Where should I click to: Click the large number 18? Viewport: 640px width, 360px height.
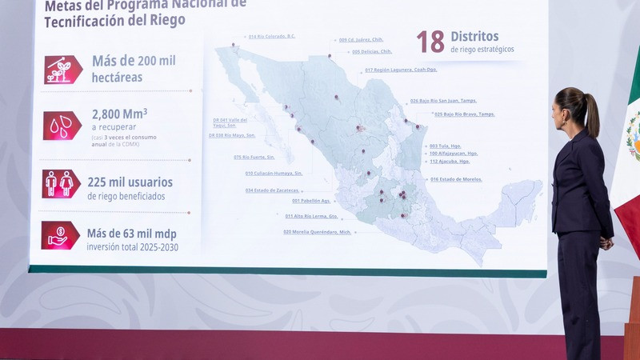click(x=430, y=42)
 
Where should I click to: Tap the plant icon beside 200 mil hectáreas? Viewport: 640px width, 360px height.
click(x=62, y=70)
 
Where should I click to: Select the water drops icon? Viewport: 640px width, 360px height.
click(x=62, y=126)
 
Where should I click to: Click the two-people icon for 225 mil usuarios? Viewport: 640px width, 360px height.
click(x=61, y=184)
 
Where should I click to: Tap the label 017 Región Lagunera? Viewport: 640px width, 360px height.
click(x=400, y=70)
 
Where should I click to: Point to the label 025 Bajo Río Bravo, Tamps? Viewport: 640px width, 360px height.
click(x=464, y=114)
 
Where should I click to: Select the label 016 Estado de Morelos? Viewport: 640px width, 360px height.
click(x=456, y=179)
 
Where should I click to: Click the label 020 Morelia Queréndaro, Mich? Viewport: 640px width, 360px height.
click(x=318, y=232)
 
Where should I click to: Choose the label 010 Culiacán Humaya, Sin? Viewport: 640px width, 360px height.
click(x=274, y=173)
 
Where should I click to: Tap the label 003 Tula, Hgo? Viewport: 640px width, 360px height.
click(x=445, y=146)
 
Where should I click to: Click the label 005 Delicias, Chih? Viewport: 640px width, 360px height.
click(x=371, y=51)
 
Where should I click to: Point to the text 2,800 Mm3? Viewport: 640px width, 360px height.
click(x=119, y=114)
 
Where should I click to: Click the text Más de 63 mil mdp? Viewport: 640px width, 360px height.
click(x=132, y=234)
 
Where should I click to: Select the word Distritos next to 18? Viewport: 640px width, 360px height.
click(x=474, y=37)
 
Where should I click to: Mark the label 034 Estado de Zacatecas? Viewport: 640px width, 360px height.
click(x=272, y=190)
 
